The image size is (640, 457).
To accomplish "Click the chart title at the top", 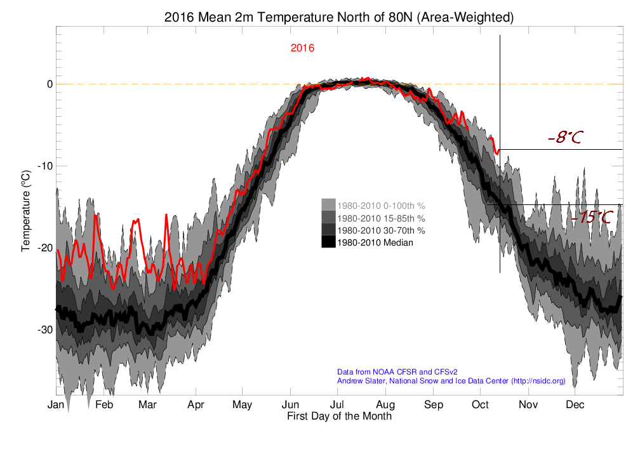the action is (x=339, y=17).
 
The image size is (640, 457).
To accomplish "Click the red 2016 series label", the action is (x=302, y=48).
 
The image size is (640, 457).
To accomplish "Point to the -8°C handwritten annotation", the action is (x=565, y=137).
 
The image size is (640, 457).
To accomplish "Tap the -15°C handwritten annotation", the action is (x=592, y=216).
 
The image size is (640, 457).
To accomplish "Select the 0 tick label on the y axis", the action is (x=50, y=84).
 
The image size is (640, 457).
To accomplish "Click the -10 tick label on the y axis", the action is (x=45, y=166).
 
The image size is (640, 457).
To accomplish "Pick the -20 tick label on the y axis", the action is (x=45, y=248).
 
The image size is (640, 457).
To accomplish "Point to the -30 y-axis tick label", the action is (x=45, y=329).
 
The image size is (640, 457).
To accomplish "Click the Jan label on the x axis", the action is (x=56, y=405).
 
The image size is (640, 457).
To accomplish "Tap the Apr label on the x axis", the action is (x=196, y=405).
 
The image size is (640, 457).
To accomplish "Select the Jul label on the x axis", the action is (x=337, y=405).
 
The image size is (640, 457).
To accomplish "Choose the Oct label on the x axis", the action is (x=480, y=405).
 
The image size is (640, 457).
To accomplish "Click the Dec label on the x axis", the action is (x=575, y=405).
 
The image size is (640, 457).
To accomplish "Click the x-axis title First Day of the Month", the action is (x=339, y=416).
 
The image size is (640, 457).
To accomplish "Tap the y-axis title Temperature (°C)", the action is (x=25, y=211).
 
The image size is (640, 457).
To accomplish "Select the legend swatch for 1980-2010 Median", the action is (x=328, y=242).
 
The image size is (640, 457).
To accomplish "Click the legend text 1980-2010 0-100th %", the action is (x=381, y=206).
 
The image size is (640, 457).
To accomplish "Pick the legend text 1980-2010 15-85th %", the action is (x=381, y=218).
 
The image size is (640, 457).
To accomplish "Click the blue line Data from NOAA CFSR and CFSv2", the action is (x=397, y=372).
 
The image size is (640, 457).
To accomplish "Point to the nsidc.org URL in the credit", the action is (x=538, y=381).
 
